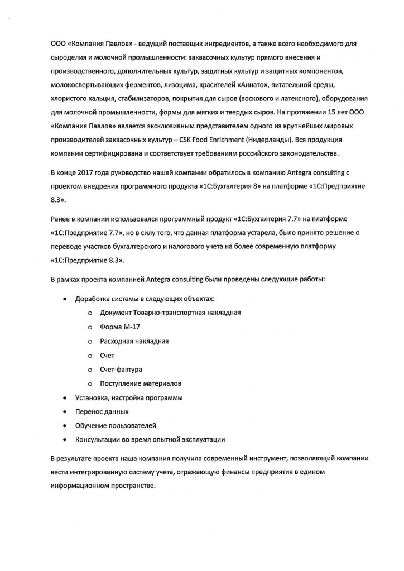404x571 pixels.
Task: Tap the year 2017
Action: pos(89,173)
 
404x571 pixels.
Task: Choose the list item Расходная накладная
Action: pos(134,341)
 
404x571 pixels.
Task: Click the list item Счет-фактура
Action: pos(121,370)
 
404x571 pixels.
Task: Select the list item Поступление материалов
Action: pos(140,383)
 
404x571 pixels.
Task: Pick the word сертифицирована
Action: pos(116,153)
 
